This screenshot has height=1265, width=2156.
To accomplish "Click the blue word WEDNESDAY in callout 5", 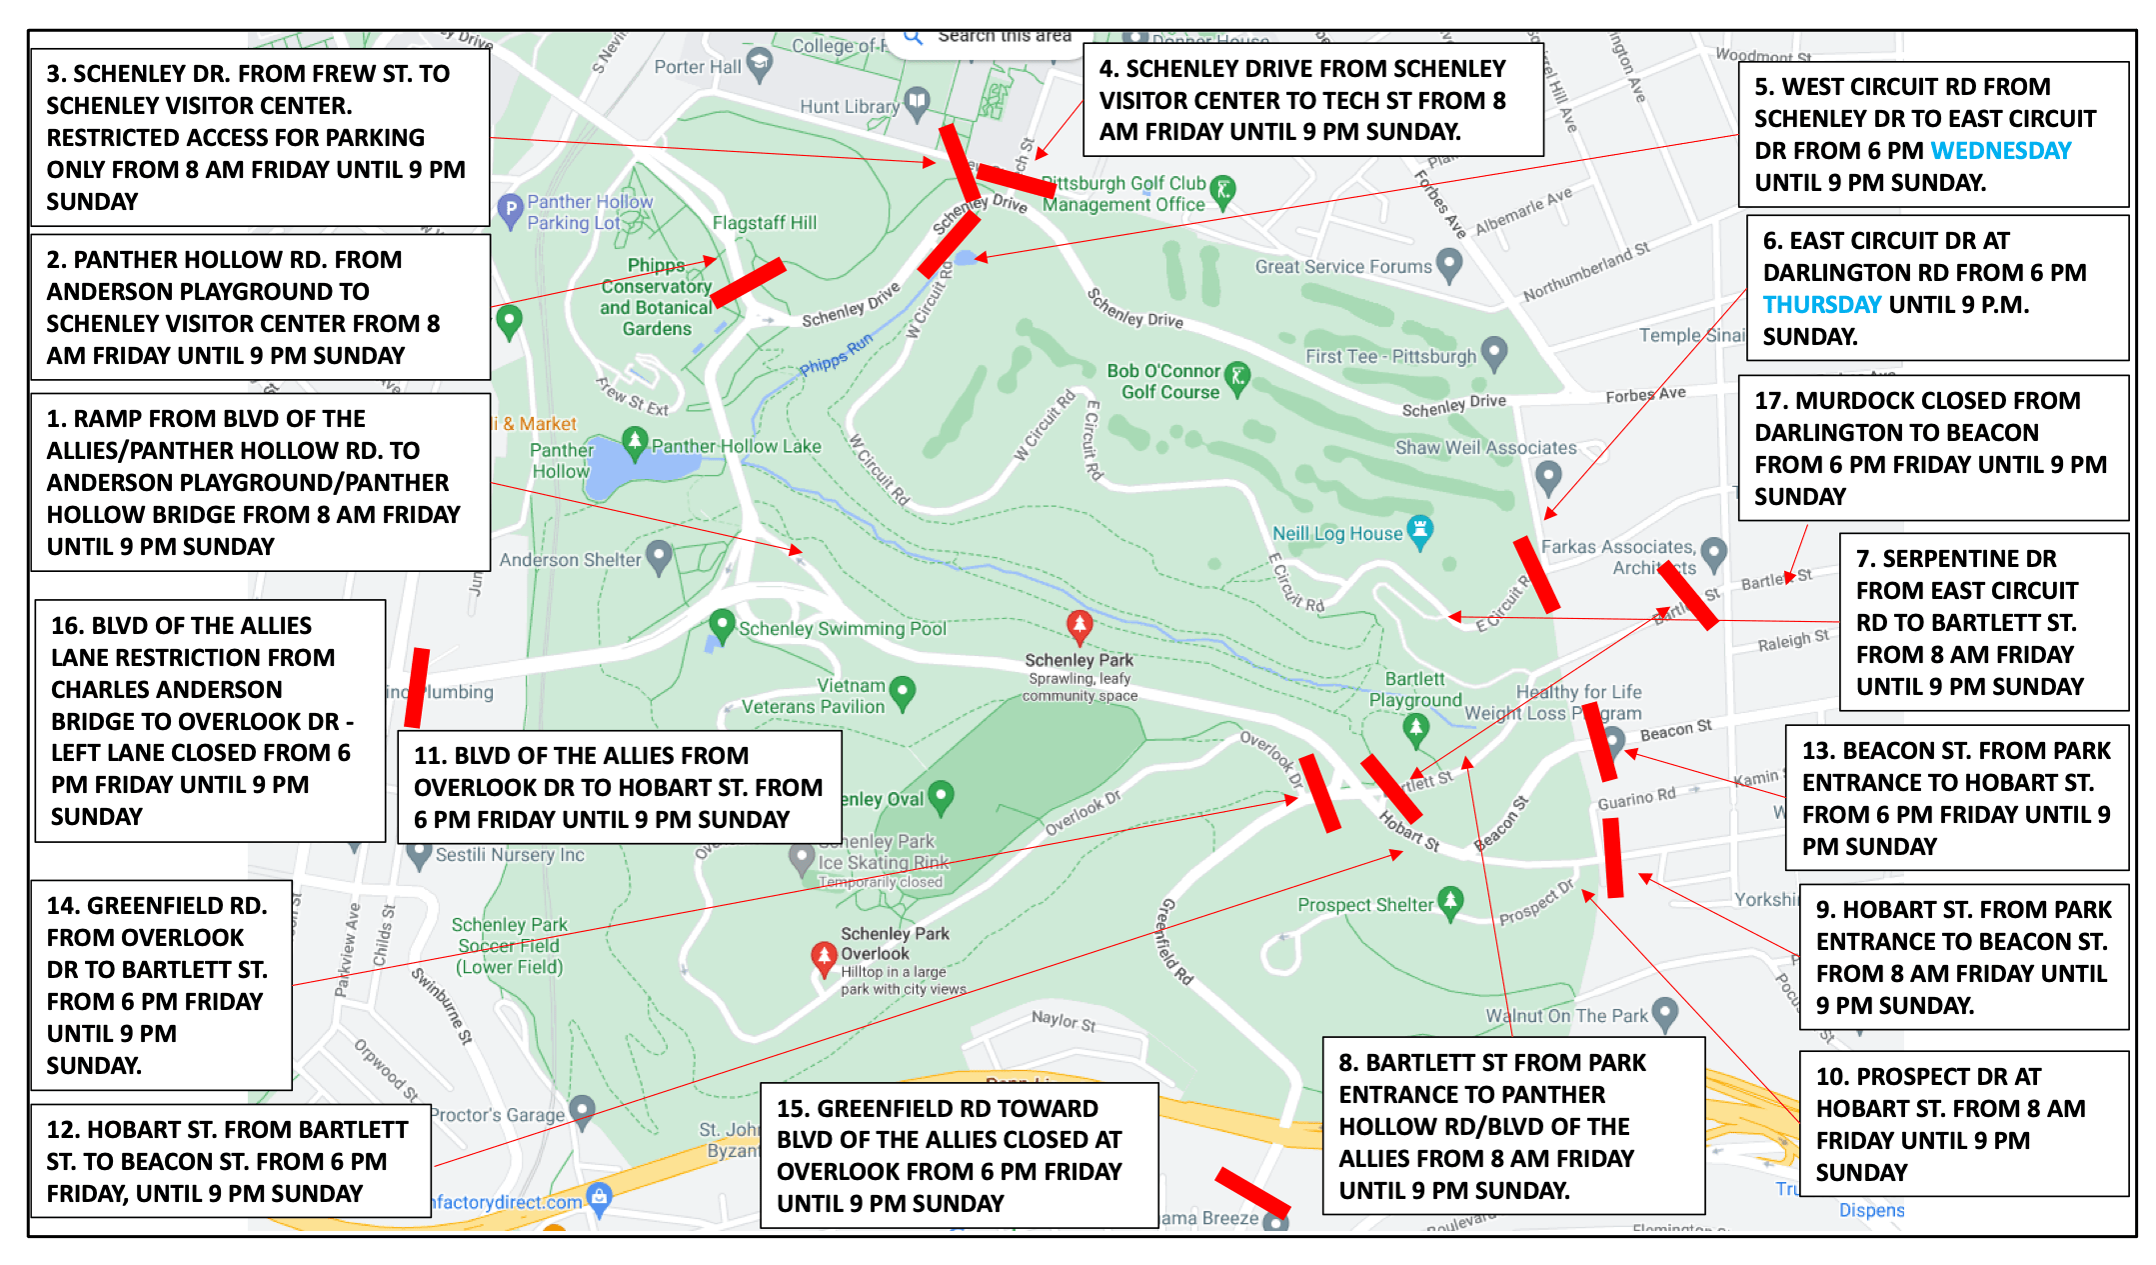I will click(2000, 151).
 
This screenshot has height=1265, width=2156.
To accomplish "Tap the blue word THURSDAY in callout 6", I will click(1821, 305).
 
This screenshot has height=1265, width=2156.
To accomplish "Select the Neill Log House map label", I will click(1336, 534).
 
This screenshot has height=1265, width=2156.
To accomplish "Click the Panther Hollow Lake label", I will click(736, 446).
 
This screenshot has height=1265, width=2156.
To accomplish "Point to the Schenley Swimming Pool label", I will click(842, 629).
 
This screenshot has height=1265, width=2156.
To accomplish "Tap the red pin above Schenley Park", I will click(1078, 626).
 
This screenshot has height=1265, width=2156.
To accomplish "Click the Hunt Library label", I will click(849, 107).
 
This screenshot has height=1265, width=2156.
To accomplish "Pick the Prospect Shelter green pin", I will click(1450, 901).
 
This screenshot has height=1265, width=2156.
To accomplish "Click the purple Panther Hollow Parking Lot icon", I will click(511, 210).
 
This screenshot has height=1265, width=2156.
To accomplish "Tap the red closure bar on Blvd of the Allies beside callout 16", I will click(417, 688).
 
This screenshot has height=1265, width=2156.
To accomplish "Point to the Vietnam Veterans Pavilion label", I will click(813, 696).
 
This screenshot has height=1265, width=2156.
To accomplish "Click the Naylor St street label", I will click(1064, 1021).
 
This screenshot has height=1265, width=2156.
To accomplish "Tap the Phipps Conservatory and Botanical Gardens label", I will click(657, 297).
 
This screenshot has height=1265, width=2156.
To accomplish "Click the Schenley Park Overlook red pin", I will click(824, 957).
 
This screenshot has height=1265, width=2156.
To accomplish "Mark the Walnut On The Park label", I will click(1565, 1016).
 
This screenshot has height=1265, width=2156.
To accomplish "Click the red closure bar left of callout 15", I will click(1251, 1191).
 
